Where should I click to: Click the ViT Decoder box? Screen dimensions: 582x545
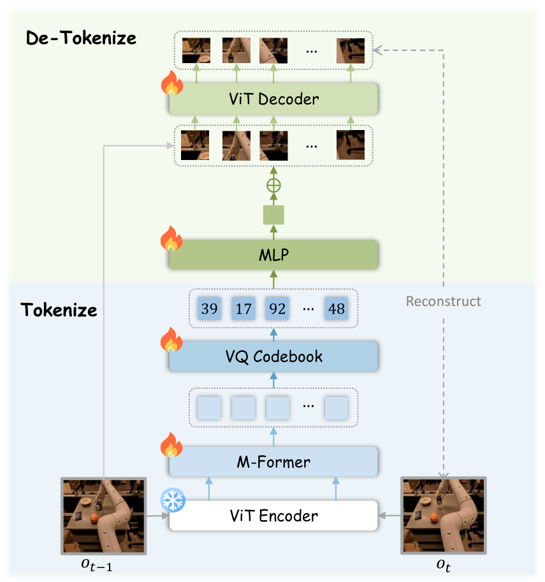273,99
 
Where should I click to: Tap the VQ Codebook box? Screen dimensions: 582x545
273,356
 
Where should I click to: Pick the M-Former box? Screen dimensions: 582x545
273,461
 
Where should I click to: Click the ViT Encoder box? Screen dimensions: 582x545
273,514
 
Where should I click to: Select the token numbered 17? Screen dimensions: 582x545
243,309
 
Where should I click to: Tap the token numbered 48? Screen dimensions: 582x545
336,309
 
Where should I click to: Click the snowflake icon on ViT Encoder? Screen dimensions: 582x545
172,500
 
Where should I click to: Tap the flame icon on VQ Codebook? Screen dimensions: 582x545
171,340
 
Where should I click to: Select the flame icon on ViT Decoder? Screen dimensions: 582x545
171,84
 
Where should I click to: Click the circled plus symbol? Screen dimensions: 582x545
273,186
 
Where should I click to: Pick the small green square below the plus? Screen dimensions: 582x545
273,215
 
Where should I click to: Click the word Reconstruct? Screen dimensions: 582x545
444,301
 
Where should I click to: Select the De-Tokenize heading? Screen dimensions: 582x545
81,38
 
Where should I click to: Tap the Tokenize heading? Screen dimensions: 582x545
59,310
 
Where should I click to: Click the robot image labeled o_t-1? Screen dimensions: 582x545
103,514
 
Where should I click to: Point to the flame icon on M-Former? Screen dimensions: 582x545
171,446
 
